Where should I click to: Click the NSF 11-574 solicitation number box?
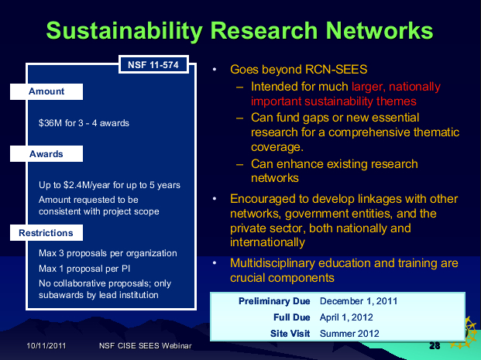(153, 65)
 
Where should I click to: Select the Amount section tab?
(46, 91)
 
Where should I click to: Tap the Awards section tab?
(46, 153)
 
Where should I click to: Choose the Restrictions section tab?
(46, 233)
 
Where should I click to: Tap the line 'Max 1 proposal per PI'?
(84, 269)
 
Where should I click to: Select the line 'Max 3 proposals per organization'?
(108, 253)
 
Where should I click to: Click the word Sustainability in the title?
(125, 31)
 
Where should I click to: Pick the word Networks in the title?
(380, 30)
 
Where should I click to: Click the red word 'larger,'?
(369, 87)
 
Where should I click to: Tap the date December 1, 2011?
(359, 301)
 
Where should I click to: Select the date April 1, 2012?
(346, 317)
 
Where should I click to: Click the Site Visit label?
(290, 334)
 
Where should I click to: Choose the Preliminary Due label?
(274, 301)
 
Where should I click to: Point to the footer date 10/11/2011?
(46, 346)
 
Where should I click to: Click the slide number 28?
(435, 346)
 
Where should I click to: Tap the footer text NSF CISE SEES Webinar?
(146, 346)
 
